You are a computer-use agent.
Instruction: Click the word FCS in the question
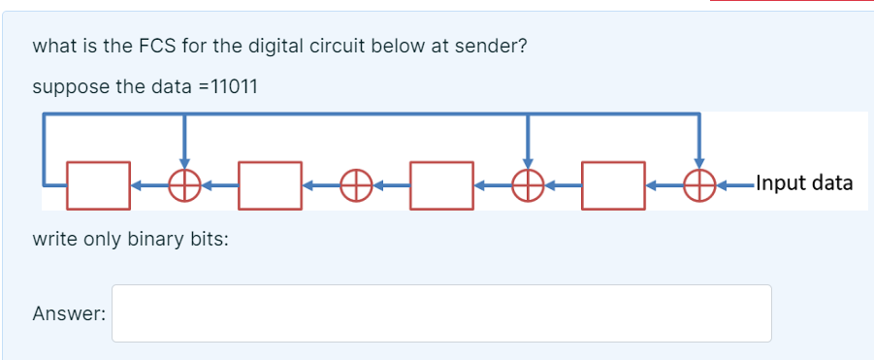point(167,46)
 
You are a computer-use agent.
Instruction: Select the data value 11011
point(227,86)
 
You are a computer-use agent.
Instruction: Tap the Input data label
point(803,182)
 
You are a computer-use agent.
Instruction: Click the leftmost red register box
point(97,183)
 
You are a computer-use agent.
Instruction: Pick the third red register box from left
point(441,183)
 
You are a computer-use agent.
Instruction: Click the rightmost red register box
point(613,183)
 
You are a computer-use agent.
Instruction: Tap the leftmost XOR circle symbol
point(184,183)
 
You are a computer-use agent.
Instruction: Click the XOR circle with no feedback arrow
point(356,183)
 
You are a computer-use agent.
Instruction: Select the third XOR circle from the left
point(528,183)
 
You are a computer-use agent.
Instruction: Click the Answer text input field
point(441,313)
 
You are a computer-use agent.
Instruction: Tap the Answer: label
point(69,313)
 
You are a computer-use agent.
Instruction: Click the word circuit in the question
point(330,46)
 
